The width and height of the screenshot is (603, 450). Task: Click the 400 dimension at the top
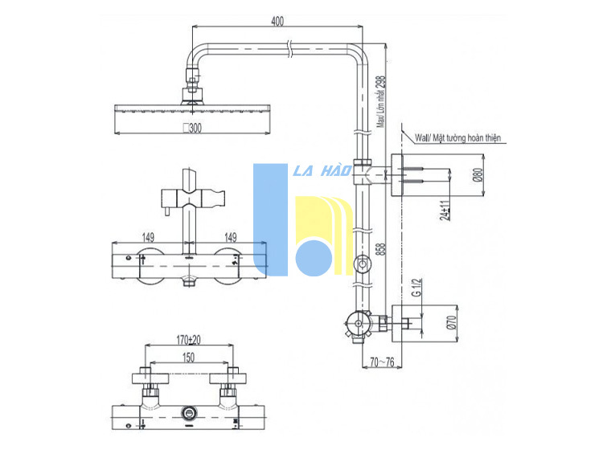click(x=277, y=21)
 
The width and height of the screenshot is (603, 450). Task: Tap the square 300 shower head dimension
click(x=192, y=128)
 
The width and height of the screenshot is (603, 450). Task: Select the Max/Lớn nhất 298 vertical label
click(x=380, y=101)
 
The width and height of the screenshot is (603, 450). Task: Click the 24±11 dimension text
click(x=445, y=211)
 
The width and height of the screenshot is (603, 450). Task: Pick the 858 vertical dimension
click(x=380, y=249)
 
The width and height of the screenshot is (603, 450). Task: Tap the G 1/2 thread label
click(x=416, y=288)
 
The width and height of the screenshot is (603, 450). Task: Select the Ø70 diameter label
click(x=451, y=322)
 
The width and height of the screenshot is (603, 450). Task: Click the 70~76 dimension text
click(x=382, y=362)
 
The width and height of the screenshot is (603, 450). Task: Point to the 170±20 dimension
click(x=188, y=340)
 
